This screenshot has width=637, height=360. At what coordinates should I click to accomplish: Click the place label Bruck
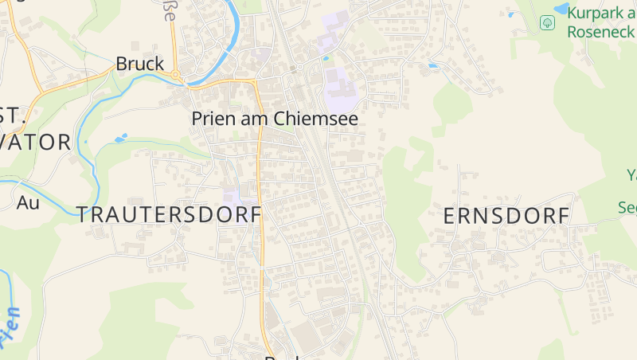coord(139,64)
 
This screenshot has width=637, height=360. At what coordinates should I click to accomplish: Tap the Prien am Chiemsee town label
coord(275,119)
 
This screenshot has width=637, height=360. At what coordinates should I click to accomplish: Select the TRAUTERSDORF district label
coord(170,213)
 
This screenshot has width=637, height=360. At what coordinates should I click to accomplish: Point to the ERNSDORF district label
coord(506,216)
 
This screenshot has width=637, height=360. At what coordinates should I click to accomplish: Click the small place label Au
coord(28,202)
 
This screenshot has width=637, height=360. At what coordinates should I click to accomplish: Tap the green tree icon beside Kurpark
coord(547,22)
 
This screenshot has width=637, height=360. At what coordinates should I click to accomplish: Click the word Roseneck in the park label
coord(601,32)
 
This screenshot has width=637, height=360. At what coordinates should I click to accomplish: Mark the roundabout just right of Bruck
coord(177,76)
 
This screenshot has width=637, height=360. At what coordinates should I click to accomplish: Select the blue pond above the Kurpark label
coord(562,8)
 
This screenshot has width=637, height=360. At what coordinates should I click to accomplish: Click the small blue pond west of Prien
coord(121,139)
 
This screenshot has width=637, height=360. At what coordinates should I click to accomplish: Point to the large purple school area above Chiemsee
coord(340,89)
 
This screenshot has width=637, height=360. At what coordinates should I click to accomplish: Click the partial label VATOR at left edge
coord(36,143)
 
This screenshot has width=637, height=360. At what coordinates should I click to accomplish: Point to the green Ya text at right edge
coord(631,175)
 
